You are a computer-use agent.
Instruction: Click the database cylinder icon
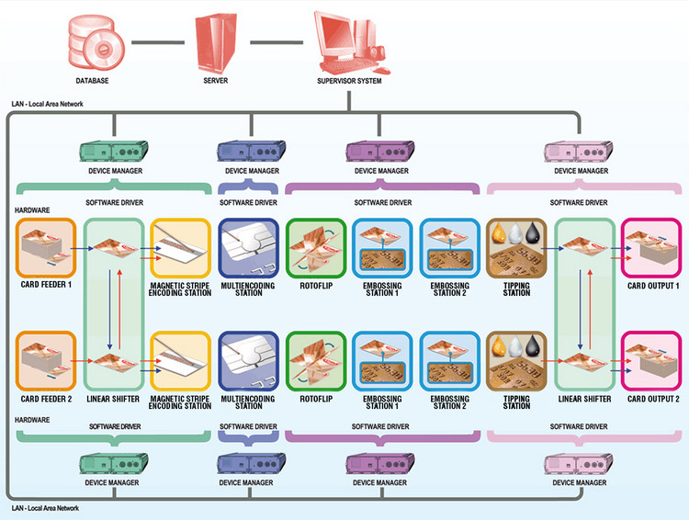coord(96,42)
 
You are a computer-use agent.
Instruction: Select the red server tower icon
coord(216,43)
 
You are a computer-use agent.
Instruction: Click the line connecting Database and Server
coord(158,42)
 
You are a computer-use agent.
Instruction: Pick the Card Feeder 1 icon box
coord(46,248)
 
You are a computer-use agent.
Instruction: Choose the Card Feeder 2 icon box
coord(46,361)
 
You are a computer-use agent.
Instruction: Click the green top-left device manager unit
coord(114,152)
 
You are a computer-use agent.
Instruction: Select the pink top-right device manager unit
coord(578,153)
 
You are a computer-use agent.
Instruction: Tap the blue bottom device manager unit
coord(252,463)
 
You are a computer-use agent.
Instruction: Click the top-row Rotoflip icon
coord(316,248)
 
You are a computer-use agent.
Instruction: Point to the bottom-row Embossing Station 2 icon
coord(450,361)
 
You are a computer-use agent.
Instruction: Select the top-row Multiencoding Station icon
coord(249,248)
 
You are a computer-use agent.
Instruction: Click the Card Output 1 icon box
coord(651,248)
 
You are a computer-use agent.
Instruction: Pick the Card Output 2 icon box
coord(651,361)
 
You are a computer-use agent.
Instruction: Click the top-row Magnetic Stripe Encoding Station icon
coord(181,248)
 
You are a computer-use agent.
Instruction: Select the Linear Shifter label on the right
coord(584,399)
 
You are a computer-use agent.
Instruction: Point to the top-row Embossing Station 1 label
coord(382,288)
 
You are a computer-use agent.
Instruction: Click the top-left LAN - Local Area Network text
coord(48,104)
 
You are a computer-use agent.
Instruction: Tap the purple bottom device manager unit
coord(380,463)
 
